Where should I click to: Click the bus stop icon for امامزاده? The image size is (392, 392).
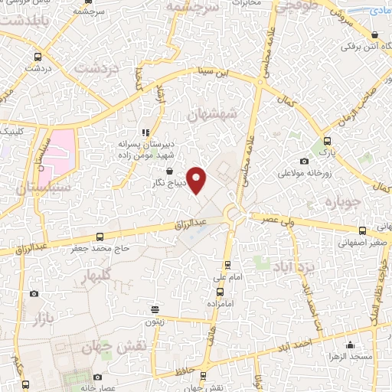coord(220,291)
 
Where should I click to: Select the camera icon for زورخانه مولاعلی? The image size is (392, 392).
coord(305,161)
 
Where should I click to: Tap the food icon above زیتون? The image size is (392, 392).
coord(155,310)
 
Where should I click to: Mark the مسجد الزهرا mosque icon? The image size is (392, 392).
coord(350,345)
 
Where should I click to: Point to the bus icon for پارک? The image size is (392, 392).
coord(328,141)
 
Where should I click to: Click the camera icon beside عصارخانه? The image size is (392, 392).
coord(97,377)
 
